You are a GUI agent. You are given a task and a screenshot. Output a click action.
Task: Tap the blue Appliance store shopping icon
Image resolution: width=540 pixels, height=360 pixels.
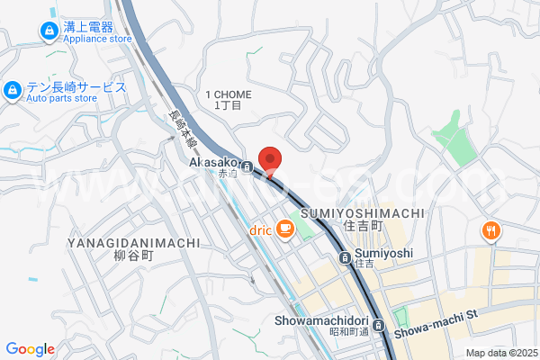coord(48,32)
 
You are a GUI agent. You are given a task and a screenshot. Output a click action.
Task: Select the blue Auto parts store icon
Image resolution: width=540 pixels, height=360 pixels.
coord(13,90)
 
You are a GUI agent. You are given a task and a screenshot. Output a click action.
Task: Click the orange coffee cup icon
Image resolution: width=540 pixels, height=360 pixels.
coord(285,229)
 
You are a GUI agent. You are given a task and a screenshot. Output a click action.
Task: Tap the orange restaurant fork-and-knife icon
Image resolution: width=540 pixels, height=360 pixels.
coord(490,230)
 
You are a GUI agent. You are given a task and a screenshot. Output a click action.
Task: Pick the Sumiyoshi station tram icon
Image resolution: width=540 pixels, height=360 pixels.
coord(346,258)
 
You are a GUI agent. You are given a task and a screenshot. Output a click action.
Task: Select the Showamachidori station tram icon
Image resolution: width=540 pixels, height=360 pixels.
coord(379,324)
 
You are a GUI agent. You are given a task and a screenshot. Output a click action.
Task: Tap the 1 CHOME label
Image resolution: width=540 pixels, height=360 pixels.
coord(229,94)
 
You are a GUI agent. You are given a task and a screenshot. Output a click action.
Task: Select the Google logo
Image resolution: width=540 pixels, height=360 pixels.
coord(30,349)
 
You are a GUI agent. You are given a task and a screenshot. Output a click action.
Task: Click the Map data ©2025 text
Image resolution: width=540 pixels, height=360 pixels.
coord(500,352)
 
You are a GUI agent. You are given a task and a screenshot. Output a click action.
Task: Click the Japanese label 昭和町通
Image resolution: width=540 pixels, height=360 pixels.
coord(348,332)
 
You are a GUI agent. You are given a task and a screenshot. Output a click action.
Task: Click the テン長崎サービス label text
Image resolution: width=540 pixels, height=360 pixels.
coord(76,86)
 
